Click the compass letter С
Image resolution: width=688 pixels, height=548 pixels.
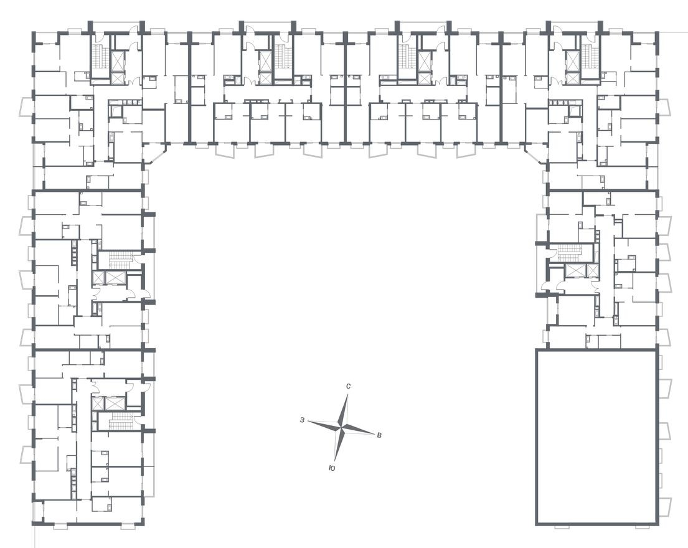348,387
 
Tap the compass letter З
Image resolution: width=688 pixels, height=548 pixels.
302,420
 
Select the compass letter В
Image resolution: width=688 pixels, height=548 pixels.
380,435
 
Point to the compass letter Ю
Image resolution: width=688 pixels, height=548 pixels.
332,468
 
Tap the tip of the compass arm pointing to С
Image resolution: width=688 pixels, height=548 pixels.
348,394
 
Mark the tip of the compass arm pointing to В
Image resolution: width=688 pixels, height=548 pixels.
374,433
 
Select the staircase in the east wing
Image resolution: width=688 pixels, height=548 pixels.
569,253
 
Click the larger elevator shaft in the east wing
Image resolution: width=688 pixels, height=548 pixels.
575,271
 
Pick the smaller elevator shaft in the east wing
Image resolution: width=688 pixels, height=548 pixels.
592,271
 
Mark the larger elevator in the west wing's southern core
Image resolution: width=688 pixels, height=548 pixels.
115,403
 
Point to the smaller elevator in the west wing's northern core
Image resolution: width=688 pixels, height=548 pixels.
98,278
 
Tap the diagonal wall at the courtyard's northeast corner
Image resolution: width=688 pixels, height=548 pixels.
536,153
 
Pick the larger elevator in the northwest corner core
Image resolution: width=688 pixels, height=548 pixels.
118,61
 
